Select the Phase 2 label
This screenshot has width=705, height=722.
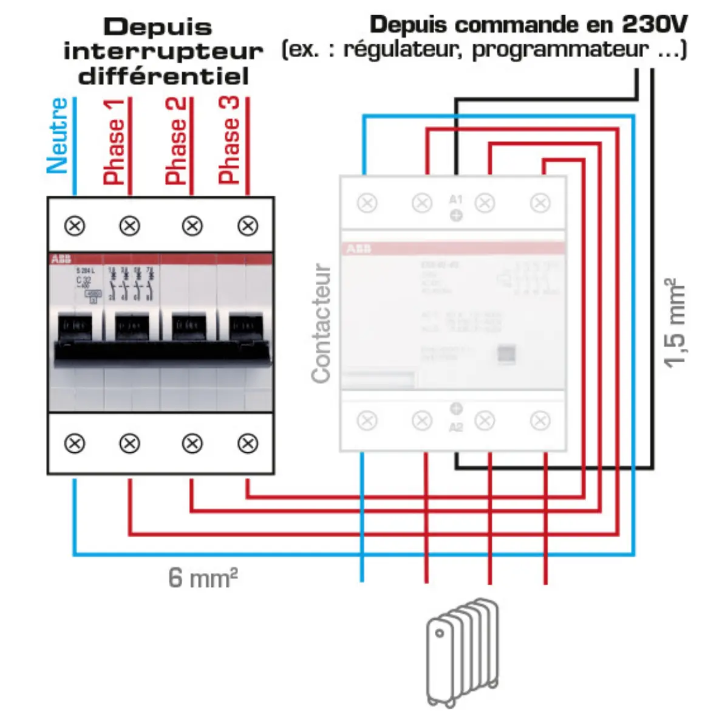(176, 141)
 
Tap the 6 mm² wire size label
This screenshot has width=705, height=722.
(202, 577)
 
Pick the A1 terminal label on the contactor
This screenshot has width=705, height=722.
(455, 199)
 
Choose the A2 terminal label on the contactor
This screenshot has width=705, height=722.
(455, 427)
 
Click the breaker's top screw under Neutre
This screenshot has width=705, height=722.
(75, 226)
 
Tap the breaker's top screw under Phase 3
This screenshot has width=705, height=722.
(247, 226)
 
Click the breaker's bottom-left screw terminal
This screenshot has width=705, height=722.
(75, 444)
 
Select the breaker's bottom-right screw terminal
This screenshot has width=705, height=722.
(247, 444)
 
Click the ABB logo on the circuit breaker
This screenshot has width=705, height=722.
(61, 260)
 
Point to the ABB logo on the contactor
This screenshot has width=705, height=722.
(358, 249)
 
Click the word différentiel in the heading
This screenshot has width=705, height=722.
(163, 77)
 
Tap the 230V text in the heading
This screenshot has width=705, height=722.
(654, 25)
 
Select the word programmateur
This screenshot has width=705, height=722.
(560, 49)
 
